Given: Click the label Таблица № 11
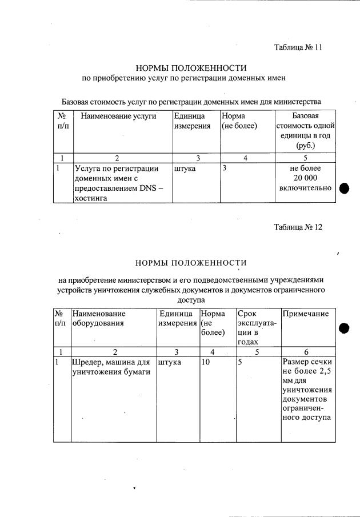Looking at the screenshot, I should coord(298,48).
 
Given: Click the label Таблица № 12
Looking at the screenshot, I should coord(298,227).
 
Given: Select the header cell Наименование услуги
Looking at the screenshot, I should coord(118,116).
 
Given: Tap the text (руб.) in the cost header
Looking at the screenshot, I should coord(305,146).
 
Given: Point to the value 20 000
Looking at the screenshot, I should coord(305,178).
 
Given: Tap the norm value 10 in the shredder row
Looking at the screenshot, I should coord(207,362).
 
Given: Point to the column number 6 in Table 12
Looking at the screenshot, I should coord(307,352).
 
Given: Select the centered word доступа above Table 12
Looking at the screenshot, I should coord(192,299).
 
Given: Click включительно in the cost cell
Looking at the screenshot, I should coord(305,188).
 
